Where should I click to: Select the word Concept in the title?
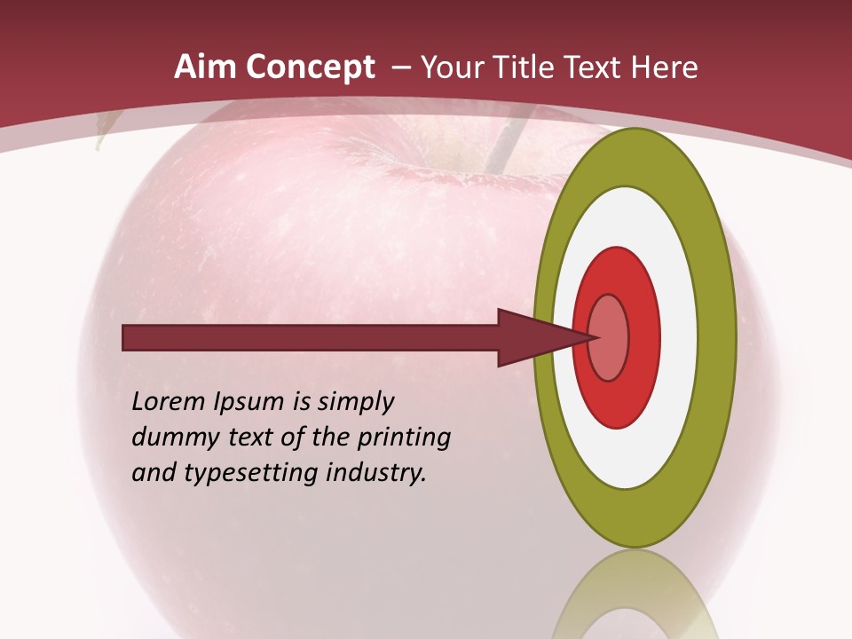click(x=311, y=67)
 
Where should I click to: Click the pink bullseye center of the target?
click(x=609, y=337)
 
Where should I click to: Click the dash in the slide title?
click(x=400, y=68)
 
